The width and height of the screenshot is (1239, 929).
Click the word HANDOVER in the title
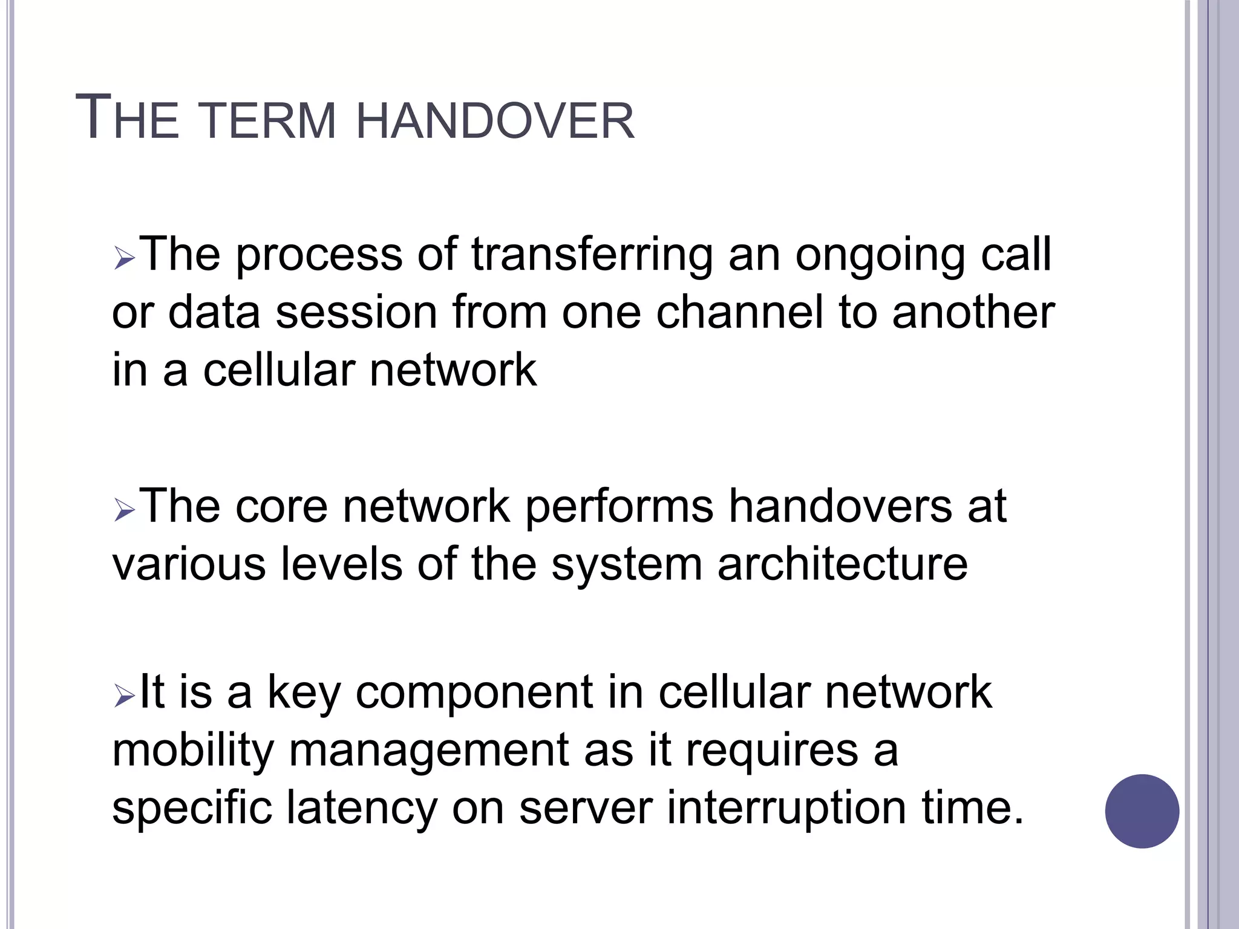point(495,120)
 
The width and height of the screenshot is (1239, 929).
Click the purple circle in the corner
point(1142,811)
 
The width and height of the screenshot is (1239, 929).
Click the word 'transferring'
point(592,255)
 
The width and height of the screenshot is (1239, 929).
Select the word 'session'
point(356,313)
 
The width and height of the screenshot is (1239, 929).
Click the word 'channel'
point(739,313)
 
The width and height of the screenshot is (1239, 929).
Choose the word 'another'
point(973,313)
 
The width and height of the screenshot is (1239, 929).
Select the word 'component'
point(474,693)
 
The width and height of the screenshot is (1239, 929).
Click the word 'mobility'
point(193,750)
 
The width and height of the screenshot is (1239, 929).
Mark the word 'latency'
point(361,808)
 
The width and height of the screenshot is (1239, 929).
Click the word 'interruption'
point(786,808)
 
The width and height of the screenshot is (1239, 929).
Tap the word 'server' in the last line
point(586,808)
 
